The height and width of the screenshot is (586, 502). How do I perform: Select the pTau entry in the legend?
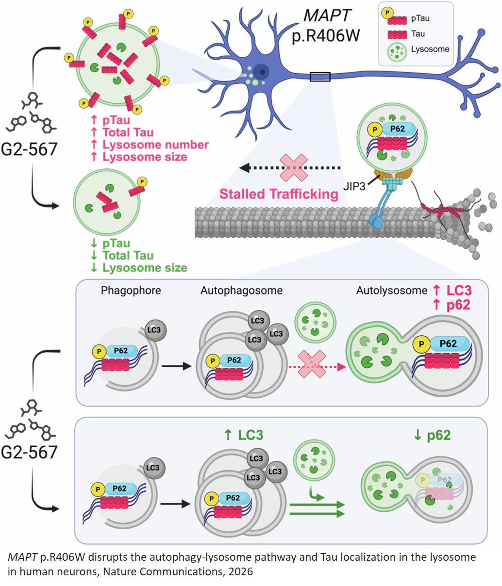420,18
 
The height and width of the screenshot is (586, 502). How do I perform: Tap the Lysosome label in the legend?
430,49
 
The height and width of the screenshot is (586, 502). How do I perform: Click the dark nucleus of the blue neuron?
263,72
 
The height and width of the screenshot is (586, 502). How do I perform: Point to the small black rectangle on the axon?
320,77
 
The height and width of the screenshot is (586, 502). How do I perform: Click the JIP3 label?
354,186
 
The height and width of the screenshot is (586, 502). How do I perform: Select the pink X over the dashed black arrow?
293,168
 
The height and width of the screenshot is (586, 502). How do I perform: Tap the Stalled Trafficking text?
279,194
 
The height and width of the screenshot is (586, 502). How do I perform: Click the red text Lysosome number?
155,145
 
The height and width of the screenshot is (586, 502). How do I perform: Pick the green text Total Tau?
128,255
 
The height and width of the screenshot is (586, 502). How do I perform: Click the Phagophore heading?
131,291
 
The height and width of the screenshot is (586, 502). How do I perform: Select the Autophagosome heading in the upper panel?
241,291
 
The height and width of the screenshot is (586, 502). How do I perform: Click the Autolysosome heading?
391,291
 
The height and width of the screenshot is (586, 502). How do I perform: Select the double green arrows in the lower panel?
317,509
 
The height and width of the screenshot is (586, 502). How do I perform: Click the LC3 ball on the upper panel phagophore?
154,330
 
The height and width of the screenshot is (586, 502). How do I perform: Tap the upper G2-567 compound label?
29,148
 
